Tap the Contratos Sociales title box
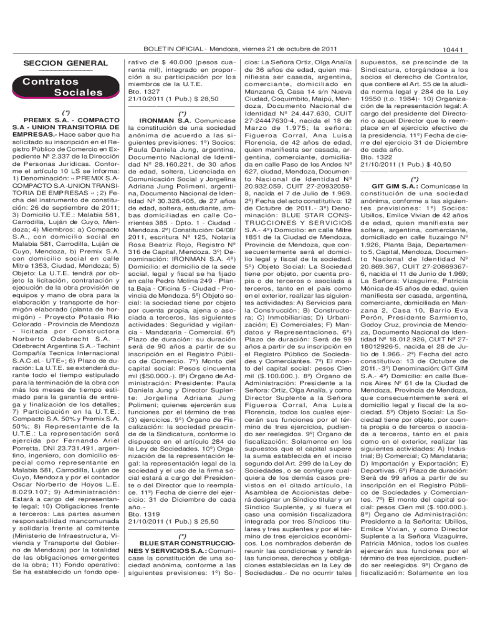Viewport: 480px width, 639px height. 61,87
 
